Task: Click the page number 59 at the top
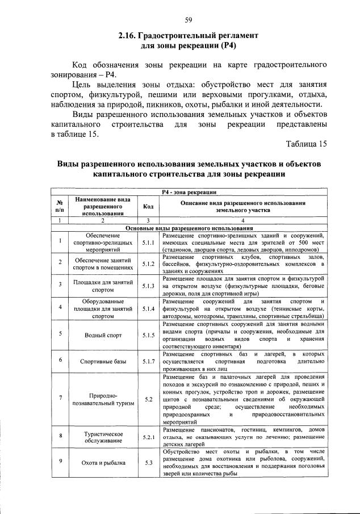pyautogui.click(x=189, y=21)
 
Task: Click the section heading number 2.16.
pyautogui.click(x=128, y=35)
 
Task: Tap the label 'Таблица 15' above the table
pyautogui.click(x=306, y=144)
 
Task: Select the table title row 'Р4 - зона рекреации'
pyautogui.click(x=189, y=193)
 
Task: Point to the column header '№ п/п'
pyautogui.click(x=60, y=206)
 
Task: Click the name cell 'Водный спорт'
pyautogui.click(x=103, y=335)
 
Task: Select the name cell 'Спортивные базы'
pyautogui.click(x=103, y=361)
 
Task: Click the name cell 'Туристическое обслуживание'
pyautogui.click(x=103, y=437)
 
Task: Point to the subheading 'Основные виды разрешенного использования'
pyautogui.click(x=189, y=228)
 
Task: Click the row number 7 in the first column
pyautogui.click(x=60, y=398)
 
